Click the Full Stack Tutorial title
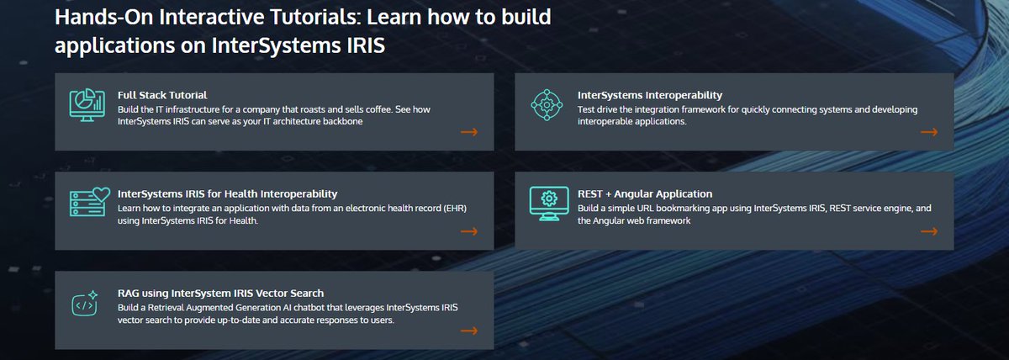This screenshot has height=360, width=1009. (162, 95)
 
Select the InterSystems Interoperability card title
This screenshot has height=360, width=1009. (650, 95)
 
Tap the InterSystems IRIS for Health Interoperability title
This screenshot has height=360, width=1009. (227, 193)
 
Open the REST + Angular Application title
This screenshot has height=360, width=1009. (645, 193)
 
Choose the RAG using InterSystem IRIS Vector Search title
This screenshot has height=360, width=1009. (220, 293)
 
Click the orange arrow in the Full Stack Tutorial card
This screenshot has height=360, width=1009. (469, 132)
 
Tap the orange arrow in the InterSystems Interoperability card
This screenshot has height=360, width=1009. (929, 132)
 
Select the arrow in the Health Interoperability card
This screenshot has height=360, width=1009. (469, 231)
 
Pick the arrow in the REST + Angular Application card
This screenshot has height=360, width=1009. (929, 231)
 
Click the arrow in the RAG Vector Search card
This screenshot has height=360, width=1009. (469, 331)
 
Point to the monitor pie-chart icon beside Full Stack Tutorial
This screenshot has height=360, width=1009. (87, 107)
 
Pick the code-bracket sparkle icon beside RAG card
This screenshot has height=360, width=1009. (86, 304)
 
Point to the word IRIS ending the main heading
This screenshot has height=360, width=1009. (362, 45)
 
